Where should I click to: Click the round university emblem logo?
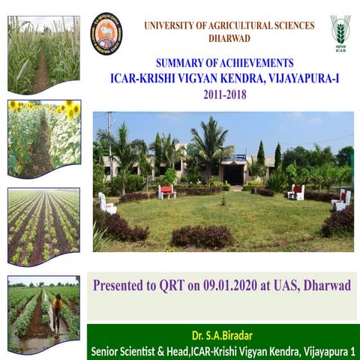pos(106,34)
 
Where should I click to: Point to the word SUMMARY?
pos(180,63)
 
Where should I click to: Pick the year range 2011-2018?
pos(224,95)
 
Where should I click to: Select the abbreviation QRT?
pos(162,286)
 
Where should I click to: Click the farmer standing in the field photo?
pos(57,313)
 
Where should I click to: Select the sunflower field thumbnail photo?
pos(43,139)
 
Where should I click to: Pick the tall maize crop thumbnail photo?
pos(43,54)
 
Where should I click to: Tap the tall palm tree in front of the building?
pos(211,142)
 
